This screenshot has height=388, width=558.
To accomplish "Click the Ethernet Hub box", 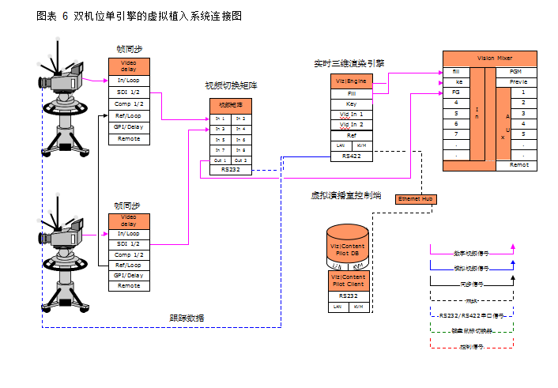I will (415, 199).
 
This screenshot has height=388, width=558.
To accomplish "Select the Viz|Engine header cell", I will (351, 81).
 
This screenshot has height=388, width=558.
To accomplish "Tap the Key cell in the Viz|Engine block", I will (351, 104).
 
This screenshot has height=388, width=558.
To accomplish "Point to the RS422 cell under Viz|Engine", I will (351, 156).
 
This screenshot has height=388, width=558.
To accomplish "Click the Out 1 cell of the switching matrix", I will (220, 160).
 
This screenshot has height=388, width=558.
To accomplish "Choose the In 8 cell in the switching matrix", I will (240, 149).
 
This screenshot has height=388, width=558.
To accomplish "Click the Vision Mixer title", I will (496, 58).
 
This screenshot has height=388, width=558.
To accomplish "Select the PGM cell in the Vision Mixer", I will (518, 71).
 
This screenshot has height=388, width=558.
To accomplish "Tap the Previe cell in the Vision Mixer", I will (518, 81).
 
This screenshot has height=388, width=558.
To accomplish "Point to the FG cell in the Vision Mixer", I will (457, 92).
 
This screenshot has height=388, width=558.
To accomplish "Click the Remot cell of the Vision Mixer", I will (518, 165).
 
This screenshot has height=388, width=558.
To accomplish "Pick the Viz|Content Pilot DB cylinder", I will (348, 248).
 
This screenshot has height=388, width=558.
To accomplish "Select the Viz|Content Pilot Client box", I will (348, 281).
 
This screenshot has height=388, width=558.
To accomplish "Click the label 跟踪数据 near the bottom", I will (187, 318).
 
